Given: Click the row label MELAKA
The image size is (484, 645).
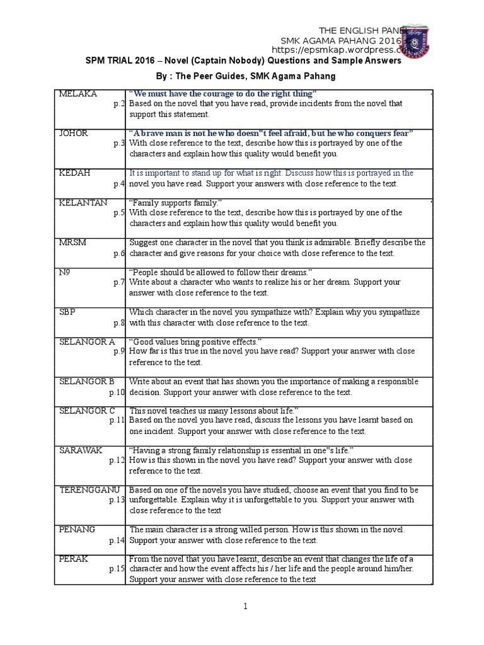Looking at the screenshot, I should [78, 94].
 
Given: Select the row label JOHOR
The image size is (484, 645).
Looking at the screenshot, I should [74, 134].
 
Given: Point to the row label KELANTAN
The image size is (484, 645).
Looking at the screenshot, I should [83, 203].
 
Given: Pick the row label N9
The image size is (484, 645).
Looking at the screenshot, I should [65, 272].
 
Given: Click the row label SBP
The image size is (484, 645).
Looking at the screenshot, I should [68, 312].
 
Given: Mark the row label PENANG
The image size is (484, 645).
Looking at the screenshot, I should [78, 529].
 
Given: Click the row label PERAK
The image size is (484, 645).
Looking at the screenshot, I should [73, 559].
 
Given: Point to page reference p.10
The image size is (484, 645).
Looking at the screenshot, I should [117, 392].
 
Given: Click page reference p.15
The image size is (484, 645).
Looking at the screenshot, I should [117, 569].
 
